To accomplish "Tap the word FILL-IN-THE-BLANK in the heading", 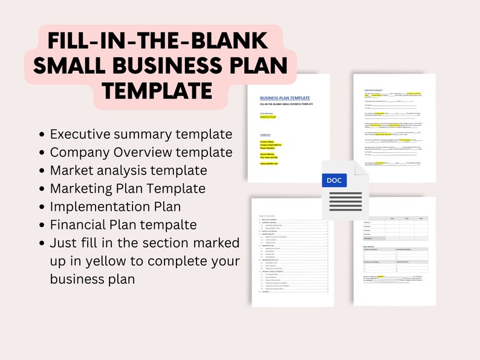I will point(157,40).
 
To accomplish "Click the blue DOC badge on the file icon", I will point(334,180).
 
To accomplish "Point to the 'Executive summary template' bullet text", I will point(141,134).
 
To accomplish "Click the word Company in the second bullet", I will point(77,152).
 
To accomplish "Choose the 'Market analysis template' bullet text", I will point(128,170).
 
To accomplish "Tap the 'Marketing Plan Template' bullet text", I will point(128,188).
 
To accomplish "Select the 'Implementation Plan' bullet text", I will point(115,207).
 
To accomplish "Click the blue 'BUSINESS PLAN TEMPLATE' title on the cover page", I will point(285,98).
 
